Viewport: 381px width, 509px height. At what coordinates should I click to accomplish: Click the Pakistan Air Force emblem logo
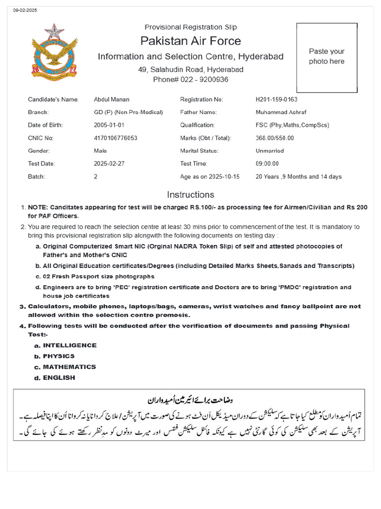pyautogui.click(x=54, y=52)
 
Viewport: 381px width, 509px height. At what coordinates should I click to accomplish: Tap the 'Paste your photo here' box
pyautogui.click(x=326, y=57)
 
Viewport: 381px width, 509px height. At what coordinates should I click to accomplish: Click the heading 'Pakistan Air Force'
pyautogui.click(x=190, y=41)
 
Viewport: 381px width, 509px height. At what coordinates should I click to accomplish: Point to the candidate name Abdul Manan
pyautogui.click(x=112, y=99)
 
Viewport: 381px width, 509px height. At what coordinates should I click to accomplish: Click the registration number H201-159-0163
pyautogui.click(x=276, y=99)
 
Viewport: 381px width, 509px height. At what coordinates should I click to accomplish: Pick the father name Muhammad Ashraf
pyautogui.click(x=280, y=112)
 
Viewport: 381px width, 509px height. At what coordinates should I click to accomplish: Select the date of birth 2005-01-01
pyautogui.click(x=109, y=125)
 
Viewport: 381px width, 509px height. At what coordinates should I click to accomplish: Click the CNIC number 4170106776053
pyautogui.click(x=116, y=138)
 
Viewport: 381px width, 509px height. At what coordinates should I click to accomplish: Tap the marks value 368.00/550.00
pyautogui.click(x=275, y=138)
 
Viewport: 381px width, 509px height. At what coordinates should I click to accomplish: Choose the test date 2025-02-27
pyautogui.click(x=109, y=164)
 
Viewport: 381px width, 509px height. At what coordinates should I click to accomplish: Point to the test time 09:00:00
pyautogui.click(x=267, y=164)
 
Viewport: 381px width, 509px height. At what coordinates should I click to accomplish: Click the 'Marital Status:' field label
pyautogui.click(x=199, y=151)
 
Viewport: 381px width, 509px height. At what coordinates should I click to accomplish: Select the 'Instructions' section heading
pyautogui.click(x=190, y=195)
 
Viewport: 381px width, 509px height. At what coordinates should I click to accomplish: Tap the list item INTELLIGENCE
pyautogui.click(x=69, y=345)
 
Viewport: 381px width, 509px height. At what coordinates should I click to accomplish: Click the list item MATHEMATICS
pyautogui.click(x=69, y=367)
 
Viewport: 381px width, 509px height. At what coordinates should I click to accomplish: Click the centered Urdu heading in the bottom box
pyautogui.click(x=190, y=400)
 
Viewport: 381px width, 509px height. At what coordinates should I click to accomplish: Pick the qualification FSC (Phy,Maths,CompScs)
pyautogui.click(x=292, y=125)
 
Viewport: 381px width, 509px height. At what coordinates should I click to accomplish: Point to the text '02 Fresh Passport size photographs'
pyautogui.click(x=99, y=276)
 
